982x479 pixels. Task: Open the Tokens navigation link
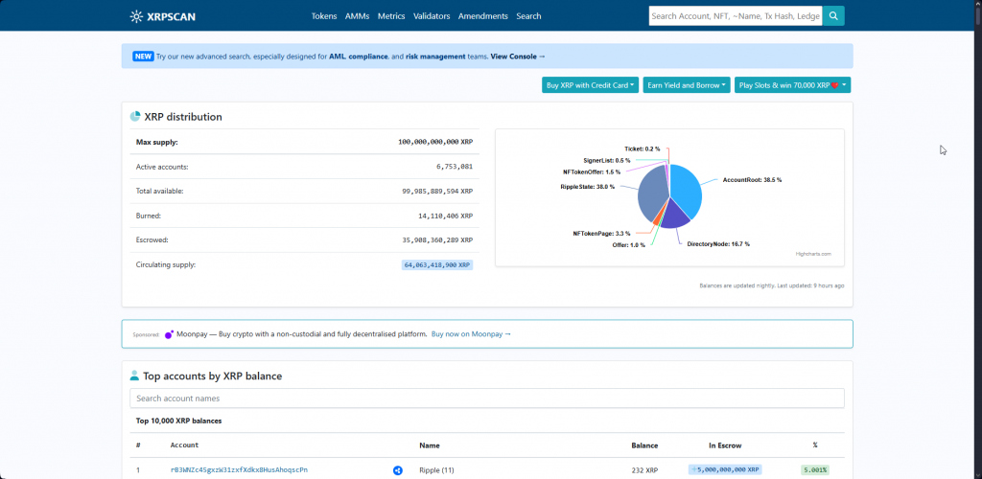coord(324,16)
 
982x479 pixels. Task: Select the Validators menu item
coord(432,16)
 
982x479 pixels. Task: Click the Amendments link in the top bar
coord(483,16)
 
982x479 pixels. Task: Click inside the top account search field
coord(735,16)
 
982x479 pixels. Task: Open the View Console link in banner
coord(518,57)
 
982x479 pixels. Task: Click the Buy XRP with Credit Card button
coord(590,85)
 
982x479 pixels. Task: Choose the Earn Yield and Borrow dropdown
coord(687,85)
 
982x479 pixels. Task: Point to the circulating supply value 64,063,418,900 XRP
coord(437,264)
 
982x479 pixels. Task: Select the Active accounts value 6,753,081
coord(454,167)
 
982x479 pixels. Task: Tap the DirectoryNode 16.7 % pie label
coord(718,244)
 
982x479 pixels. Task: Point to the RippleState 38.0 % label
coord(587,187)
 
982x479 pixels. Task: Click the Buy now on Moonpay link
coord(471,334)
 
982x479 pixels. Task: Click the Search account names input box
coord(486,399)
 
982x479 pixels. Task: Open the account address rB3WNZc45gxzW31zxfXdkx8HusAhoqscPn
coord(239,470)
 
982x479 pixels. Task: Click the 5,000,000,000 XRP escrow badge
coord(725,470)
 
